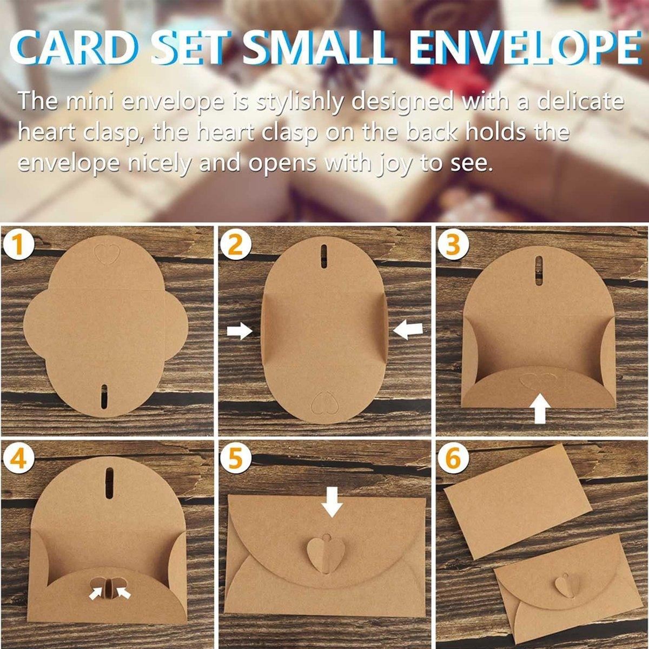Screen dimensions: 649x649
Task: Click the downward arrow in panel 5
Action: click(x=332, y=500)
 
